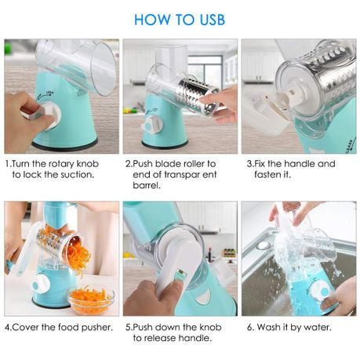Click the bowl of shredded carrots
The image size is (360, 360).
click(90, 298)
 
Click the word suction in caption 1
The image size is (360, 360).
click(74, 175)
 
